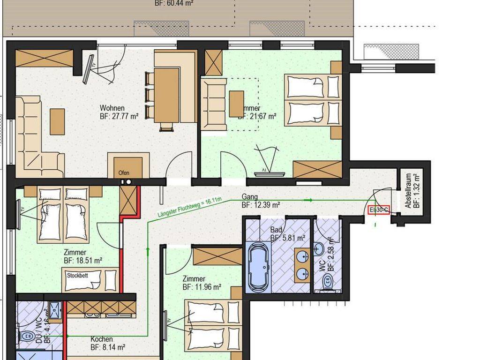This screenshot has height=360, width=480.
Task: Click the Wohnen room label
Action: (112, 108)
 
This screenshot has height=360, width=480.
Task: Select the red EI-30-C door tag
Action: (379, 210)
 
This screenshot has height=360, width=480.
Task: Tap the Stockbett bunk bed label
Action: (78, 275)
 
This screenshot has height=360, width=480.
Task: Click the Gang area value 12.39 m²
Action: (261, 205)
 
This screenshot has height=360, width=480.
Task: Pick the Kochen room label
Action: (102, 339)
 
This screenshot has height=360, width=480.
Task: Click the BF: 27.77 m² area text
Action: (119, 117)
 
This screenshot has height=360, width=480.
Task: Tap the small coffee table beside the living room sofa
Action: (58, 121)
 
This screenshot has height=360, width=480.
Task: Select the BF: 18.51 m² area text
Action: (83, 261)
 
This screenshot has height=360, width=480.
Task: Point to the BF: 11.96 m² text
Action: (202, 287)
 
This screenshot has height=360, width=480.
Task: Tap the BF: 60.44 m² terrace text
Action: (174, 3)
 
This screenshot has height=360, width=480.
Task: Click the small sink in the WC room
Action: (320, 248)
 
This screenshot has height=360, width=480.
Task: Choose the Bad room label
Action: (276, 230)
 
